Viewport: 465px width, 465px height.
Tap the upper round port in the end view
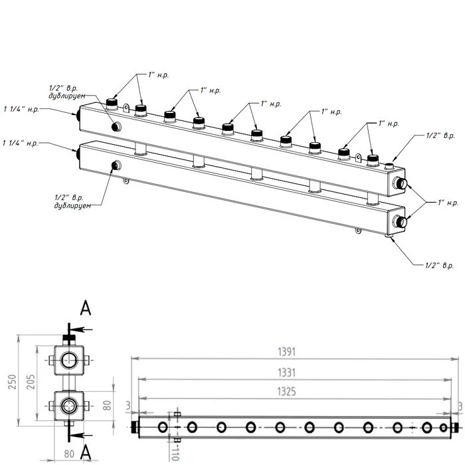point(68,361)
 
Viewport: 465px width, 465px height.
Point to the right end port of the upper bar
point(399,184)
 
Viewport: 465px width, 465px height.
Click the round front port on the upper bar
point(116,127)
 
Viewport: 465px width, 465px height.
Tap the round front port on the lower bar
point(116,165)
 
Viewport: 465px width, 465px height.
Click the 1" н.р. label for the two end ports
point(448,201)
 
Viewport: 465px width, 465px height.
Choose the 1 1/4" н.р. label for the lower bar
point(20,143)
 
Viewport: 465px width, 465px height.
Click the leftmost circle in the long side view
point(163,426)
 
